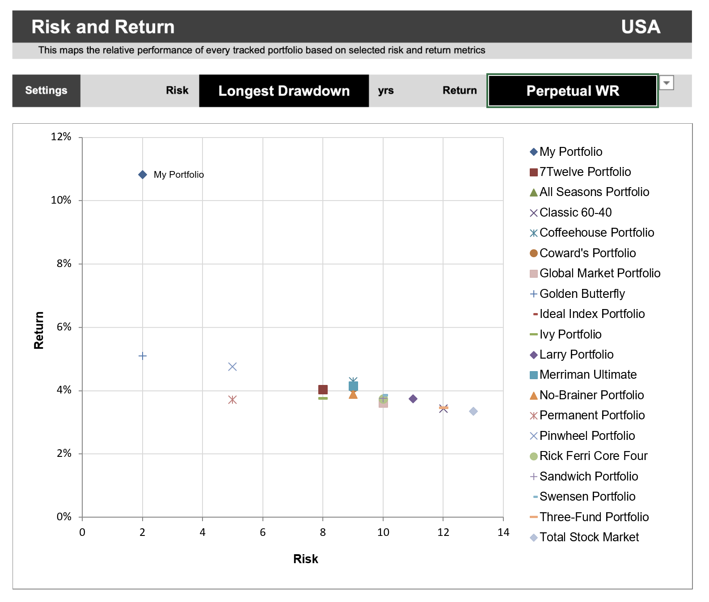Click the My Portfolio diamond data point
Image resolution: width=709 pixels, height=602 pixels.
pos(143,175)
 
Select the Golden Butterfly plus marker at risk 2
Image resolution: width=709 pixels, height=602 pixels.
pos(143,356)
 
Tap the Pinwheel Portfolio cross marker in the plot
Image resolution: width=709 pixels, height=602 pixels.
pos(232,367)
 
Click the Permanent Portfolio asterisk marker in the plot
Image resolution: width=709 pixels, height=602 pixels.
pos(232,400)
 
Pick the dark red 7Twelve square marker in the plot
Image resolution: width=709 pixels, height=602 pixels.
pos(323,389)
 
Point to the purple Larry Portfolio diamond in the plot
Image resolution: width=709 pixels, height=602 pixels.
pos(413,399)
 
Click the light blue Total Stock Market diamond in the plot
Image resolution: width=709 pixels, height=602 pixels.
pos(473,411)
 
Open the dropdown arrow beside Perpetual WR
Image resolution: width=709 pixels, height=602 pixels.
pos(667,83)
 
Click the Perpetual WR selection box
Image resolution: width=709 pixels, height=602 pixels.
pos(572,91)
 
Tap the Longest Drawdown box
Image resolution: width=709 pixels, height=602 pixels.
pos(284,91)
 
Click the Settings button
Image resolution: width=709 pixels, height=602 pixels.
pos(46,91)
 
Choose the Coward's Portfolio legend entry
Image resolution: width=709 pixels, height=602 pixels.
pos(587,253)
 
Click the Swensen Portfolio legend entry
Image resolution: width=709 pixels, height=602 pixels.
pos(587,497)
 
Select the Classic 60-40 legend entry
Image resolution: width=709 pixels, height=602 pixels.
pos(575,213)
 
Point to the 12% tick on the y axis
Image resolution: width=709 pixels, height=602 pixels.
pos(61,137)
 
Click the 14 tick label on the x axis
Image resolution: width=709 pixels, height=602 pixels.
pos(503,532)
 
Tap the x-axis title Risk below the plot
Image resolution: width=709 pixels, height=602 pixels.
pos(306,559)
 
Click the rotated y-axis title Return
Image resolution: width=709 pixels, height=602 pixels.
pos(39,330)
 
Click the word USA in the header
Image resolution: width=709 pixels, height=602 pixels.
pos(641,27)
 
